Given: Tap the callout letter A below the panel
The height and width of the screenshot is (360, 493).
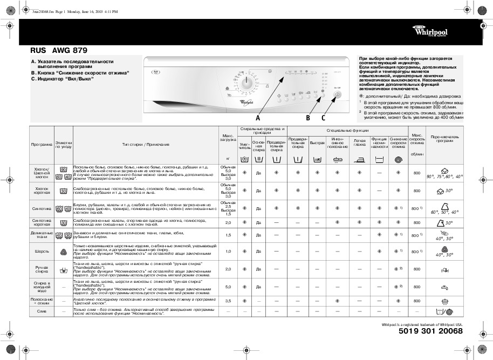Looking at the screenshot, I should [x=258, y=117].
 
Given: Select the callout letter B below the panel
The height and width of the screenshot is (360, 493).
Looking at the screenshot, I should [x=307, y=117].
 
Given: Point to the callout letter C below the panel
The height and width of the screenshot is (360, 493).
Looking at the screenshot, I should [x=324, y=117].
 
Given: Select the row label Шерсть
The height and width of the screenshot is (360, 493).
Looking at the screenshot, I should [x=42, y=252].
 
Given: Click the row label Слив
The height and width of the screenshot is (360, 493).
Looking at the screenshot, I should [x=42, y=311].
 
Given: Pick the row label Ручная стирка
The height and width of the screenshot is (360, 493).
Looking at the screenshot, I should [x=42, y=268].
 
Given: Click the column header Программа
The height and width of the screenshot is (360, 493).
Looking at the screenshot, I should [x=42, y=144].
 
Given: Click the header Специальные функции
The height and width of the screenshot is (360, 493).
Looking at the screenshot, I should [x=347, y=131].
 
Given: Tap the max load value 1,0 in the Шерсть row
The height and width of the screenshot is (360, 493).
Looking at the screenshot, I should [x=228, y=252].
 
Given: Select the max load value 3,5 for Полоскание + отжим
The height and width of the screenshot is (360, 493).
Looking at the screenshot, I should [x=228, y=301].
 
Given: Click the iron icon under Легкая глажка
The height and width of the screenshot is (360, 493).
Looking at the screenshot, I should [x=360, y=159].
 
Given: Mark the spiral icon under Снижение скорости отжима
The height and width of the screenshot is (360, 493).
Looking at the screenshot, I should [x=399, y=159].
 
